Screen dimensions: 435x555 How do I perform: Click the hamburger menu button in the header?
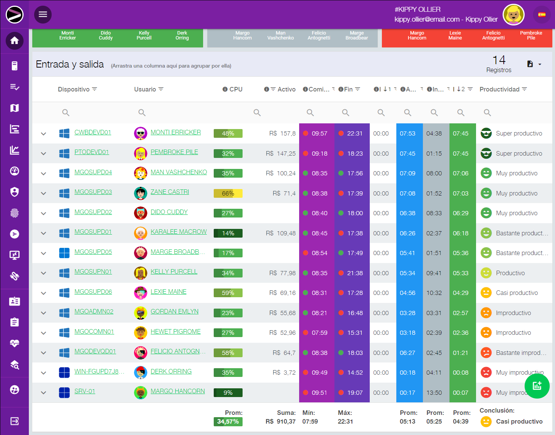(x=43, y=14)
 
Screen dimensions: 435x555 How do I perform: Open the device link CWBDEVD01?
(x=93, y=132)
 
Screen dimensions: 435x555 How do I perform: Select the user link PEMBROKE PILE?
(x=174, y=152)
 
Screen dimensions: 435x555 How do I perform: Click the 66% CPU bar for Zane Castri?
(x=228, y=193)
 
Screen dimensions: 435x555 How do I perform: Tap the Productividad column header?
(x=500, y=89)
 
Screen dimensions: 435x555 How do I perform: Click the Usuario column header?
(x=145, y=89)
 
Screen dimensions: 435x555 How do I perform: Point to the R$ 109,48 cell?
(x=281, y=233)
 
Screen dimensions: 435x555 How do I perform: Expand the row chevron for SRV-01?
(x=44, y=393)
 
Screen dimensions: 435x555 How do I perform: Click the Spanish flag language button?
(x=542, y=15)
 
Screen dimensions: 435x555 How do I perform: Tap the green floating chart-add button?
(x=537, y=386)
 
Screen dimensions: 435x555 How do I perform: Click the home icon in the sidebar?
(x=14, y=41)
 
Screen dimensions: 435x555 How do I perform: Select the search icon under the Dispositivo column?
(x=66, y=112)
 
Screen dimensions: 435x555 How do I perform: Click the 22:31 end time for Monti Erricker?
(x=355, y=133)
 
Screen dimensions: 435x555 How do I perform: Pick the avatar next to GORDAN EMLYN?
(x=140, y=313)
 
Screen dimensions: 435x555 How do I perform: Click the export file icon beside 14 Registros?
(x=530, y=64)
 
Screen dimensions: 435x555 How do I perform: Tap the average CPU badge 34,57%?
(x=228, y=421)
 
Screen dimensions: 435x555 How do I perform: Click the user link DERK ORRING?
(x=171, y=371)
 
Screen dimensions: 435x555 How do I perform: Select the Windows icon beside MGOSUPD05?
(x=64, y=253)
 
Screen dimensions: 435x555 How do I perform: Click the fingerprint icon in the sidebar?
(x=14, y=213)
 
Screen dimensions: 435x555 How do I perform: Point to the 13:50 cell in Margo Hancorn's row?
(x=434, y=392)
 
